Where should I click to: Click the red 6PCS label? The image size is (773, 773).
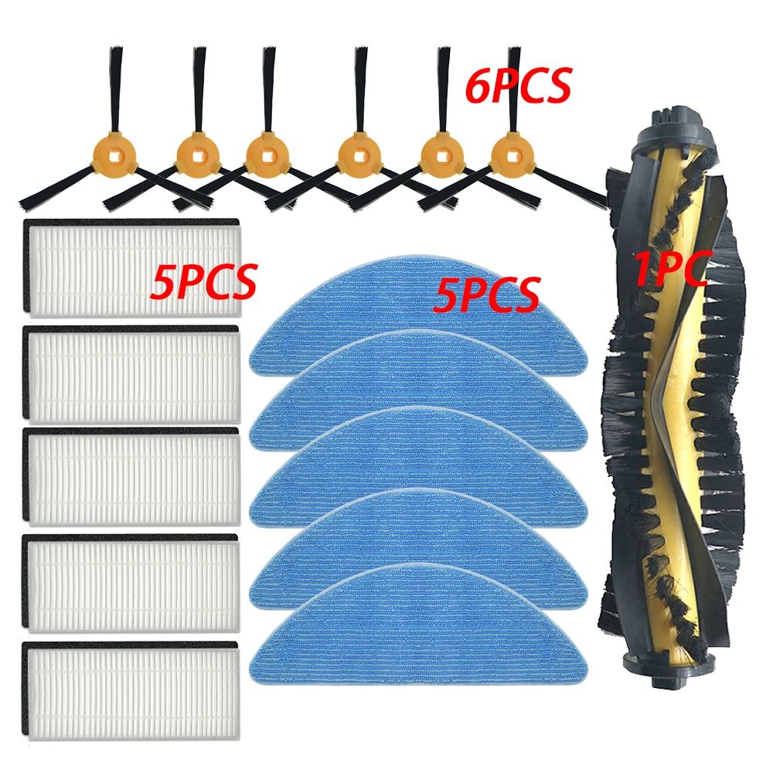click(518, 85)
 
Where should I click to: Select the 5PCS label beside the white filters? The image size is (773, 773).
click(203, 282)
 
